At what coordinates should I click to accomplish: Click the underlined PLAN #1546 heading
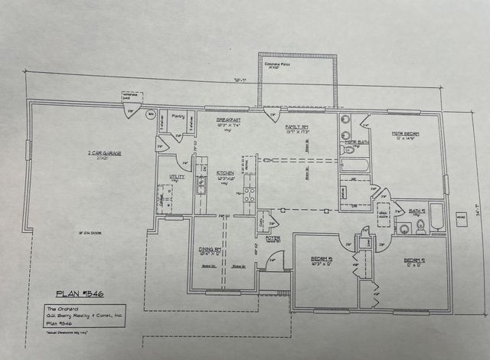(74, 293)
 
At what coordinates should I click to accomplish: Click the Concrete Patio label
(296, 65)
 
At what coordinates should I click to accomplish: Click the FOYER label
(273, 238)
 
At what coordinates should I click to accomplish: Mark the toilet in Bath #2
(421, 225)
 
